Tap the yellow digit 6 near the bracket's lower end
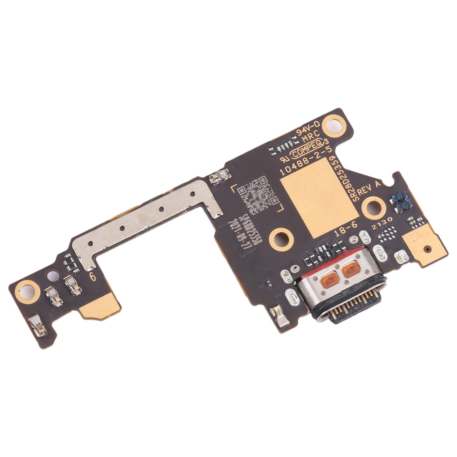pos(93,276)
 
